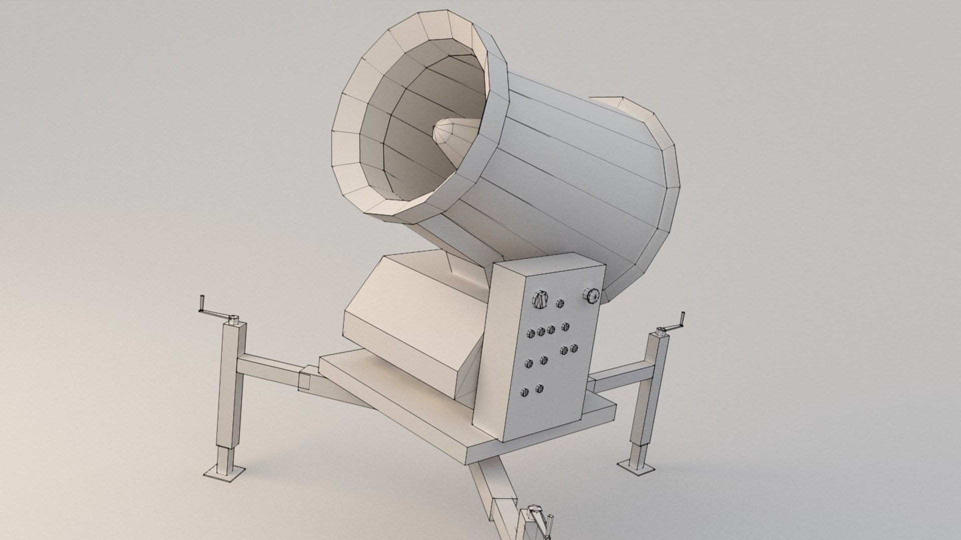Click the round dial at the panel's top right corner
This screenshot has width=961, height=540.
591,295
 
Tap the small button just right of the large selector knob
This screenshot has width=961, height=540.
560,303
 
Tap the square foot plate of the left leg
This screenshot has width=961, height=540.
225,473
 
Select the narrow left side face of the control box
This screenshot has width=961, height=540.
488,350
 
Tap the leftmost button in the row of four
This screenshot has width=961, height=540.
530,332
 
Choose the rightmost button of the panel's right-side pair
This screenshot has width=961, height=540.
574,347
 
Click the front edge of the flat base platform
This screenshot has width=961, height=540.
541,440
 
